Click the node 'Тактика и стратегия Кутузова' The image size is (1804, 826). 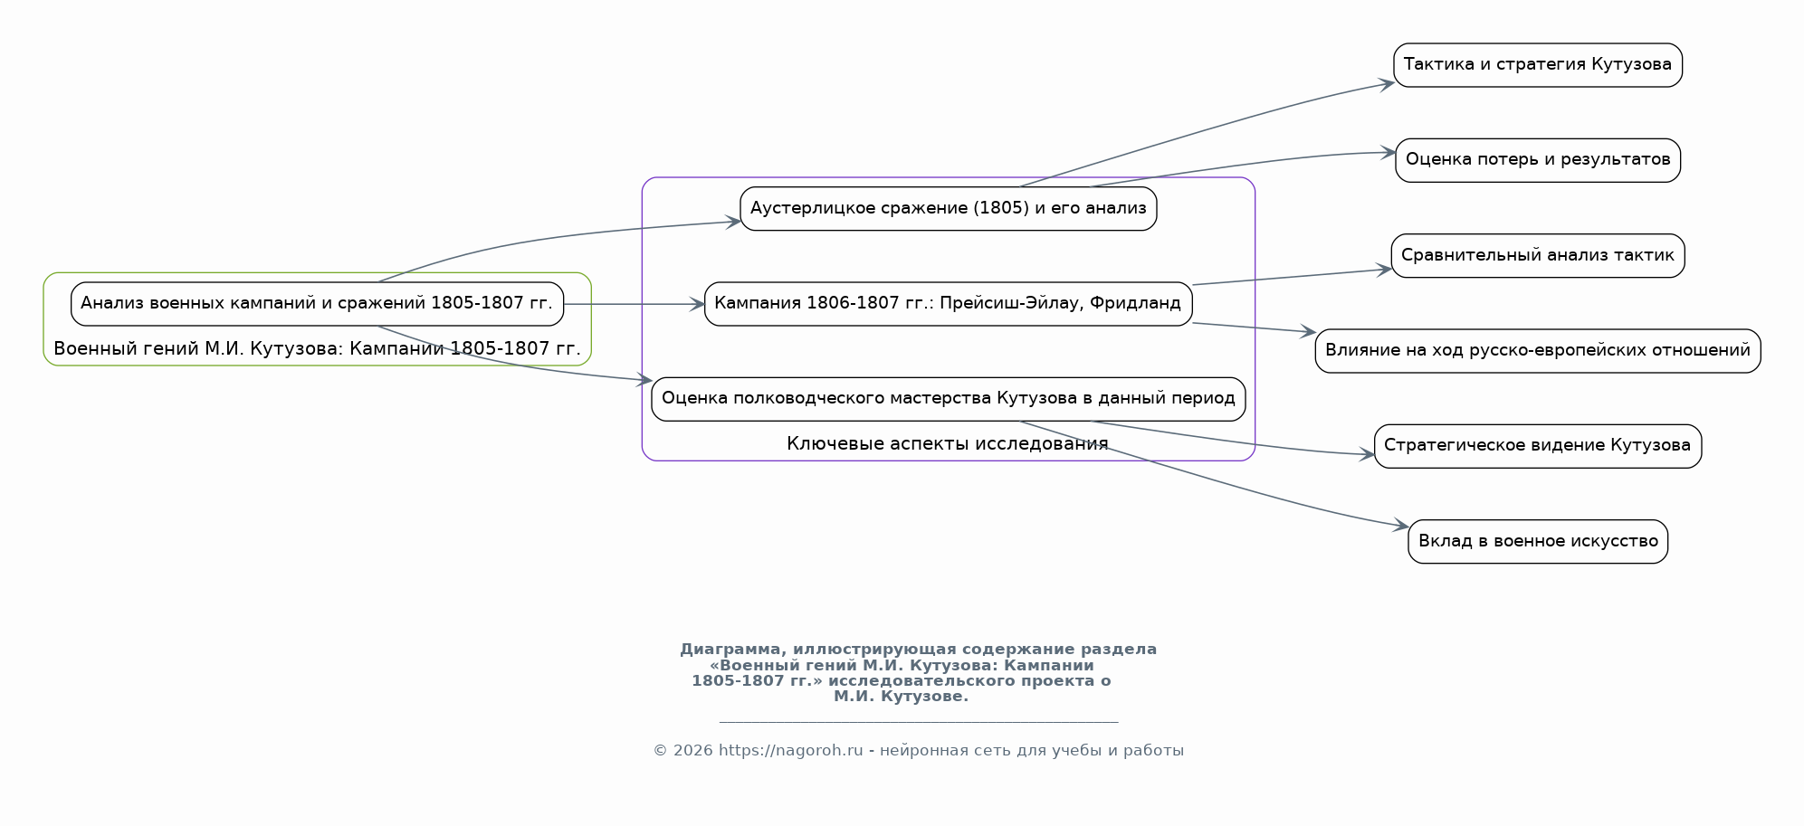(1537, 65)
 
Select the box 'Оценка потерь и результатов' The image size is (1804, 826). (1537, 160)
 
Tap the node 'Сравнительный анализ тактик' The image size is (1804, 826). (1537, 256)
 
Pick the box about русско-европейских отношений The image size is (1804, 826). (1537, 351)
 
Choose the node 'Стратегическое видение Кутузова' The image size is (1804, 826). (1537, 446)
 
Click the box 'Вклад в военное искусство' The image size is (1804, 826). (1537, 542)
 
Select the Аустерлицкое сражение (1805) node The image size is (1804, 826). (948, 209)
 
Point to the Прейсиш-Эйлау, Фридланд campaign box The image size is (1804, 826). (948, 304)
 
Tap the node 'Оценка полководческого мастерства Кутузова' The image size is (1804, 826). (948, 399)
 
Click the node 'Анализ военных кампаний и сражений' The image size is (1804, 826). (317, 304)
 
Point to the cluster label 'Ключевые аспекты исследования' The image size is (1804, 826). (948, 443)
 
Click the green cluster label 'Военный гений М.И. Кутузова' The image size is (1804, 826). (317, 348)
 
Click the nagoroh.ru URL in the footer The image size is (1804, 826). (790, 751)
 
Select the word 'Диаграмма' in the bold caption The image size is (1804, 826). (729, 650)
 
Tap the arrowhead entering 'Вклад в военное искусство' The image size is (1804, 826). (1402, 526)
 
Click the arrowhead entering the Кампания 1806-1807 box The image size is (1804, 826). (697, 304)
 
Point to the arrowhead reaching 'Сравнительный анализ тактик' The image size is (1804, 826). (1384, 270)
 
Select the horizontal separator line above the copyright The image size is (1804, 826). (919, 722)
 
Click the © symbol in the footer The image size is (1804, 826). (660, 751)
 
